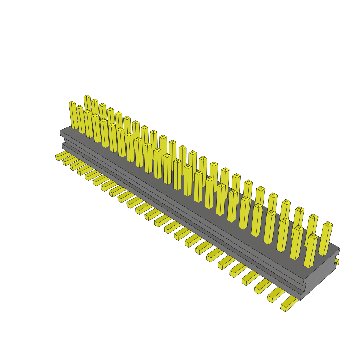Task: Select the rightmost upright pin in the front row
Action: (310, 251)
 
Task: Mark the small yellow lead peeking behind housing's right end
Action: (337, 262)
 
